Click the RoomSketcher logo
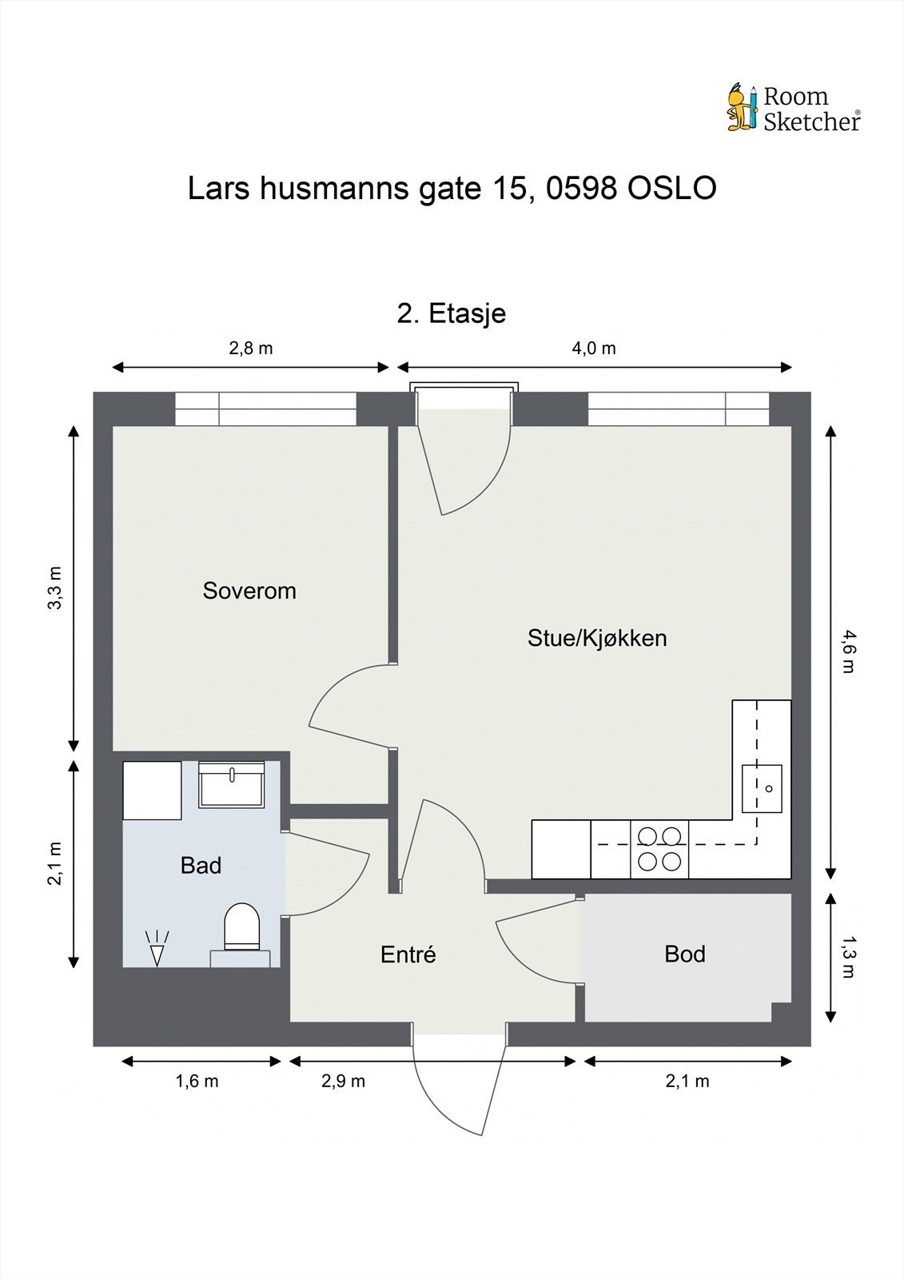[794, 108]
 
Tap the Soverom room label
[249, 591]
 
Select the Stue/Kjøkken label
[597, 639]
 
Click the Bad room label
[201, 866]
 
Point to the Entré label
[408, 954]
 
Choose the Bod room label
[685, 954]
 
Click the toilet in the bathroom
[241, 934]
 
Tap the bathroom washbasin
[231, 784]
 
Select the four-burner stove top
[659, 849]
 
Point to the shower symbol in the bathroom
[157, 948]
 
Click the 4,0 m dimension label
[594, 348]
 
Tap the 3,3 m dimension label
[55, 588]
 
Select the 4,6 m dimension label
[849, 651]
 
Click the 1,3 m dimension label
[849, 957]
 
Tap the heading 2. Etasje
[451, 313]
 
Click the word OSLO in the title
[672, 189]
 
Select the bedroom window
[265, 408]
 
